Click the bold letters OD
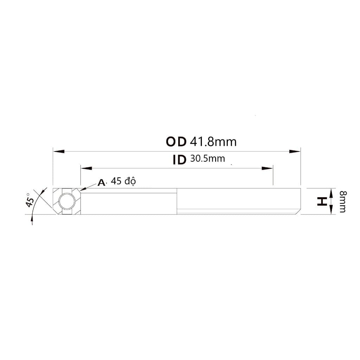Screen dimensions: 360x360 point(176,142)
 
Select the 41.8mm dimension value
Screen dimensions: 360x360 point(213,142)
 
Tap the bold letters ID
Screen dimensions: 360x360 point(179,160)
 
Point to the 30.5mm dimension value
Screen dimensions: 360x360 point(207,159)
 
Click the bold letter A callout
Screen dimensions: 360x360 point(101,182)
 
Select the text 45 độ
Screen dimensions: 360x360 point(123,181)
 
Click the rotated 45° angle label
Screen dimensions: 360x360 point(30,200)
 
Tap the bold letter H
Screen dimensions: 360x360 point(322,201)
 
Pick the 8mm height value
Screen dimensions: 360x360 point(343,201)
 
